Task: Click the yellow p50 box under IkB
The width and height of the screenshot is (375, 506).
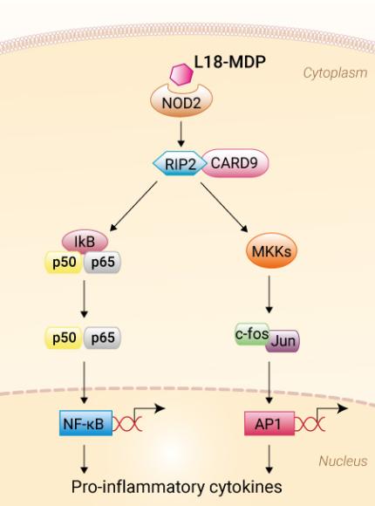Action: (x=62, y=260)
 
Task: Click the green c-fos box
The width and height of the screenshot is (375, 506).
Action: (x=251, y=332)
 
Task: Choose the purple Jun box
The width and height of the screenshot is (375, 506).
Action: (x=283, y=340)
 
